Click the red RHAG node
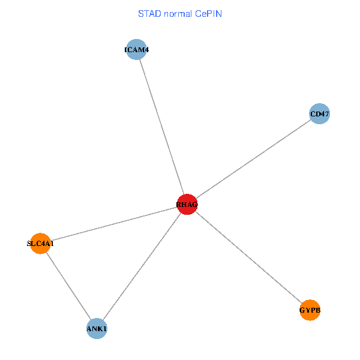click(x=187, y=205)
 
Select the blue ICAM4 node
click(x=137, y=50)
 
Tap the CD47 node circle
click(x=320, y=113)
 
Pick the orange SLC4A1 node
click(x=40, y=244)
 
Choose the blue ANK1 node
click(x=97, y=329)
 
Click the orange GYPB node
click(x=310, y=310)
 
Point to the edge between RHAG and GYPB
click(x=248, y=257)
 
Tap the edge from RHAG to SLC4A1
click(x=114, y=224)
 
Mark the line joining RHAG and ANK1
click(x=142, y=267)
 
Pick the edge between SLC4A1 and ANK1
click(x=68, y=286)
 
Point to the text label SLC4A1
click(x=40, y=244)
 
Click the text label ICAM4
click(x=137, y=50)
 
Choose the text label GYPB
click(x=310, y=310)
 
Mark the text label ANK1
click(x=97, y=329)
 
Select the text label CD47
click(x=320, y=113)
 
